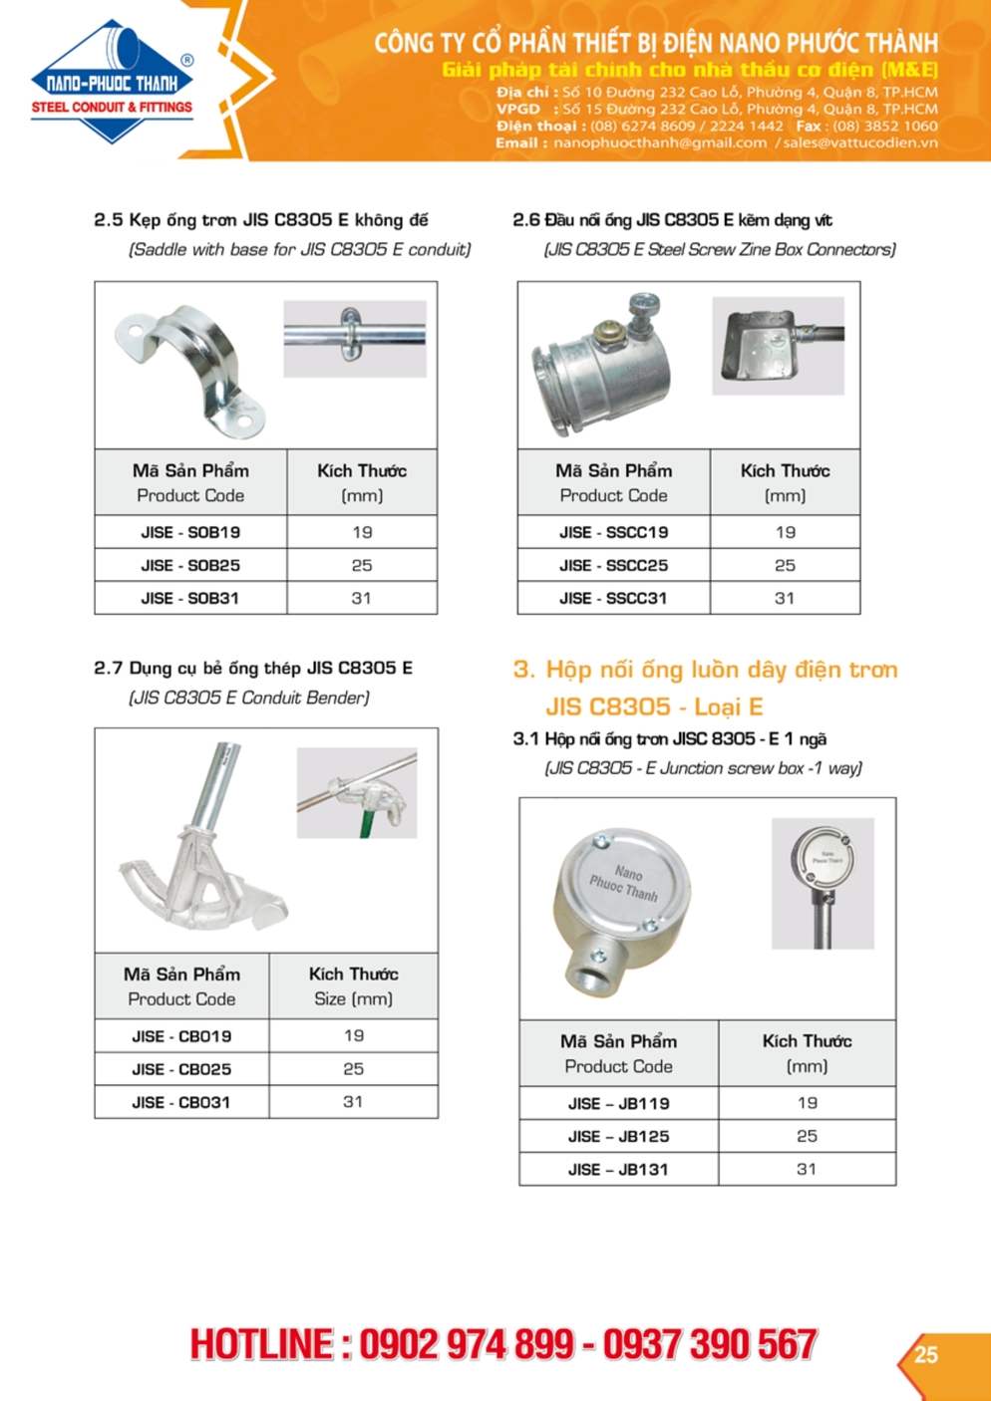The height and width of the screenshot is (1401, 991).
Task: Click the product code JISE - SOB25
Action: (190, 565)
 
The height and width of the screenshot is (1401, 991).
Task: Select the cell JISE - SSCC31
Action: (613, 598)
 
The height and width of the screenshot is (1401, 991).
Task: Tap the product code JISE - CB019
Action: (181, 1036)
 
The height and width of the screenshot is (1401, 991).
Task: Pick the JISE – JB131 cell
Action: (618, 1169)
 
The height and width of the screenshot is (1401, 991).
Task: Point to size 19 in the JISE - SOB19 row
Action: (362, 532)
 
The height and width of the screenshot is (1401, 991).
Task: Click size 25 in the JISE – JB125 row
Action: (807, 1136)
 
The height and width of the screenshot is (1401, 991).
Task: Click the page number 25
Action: (926, 1354)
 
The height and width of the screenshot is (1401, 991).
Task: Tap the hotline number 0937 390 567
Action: (710, 1344)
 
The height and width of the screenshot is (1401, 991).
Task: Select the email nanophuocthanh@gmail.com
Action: (660, 142)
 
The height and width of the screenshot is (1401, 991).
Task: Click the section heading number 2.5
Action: (108, 220)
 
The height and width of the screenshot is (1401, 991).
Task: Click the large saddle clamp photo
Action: (192, 369)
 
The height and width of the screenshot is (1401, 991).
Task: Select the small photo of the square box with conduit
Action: (778, 346)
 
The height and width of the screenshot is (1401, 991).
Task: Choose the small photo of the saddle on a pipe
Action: (355, 339)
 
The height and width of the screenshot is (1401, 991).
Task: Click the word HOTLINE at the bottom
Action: (262, 1344)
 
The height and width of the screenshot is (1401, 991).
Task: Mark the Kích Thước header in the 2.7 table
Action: (353, 975)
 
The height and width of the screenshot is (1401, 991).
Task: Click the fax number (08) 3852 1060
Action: (884, 126)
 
